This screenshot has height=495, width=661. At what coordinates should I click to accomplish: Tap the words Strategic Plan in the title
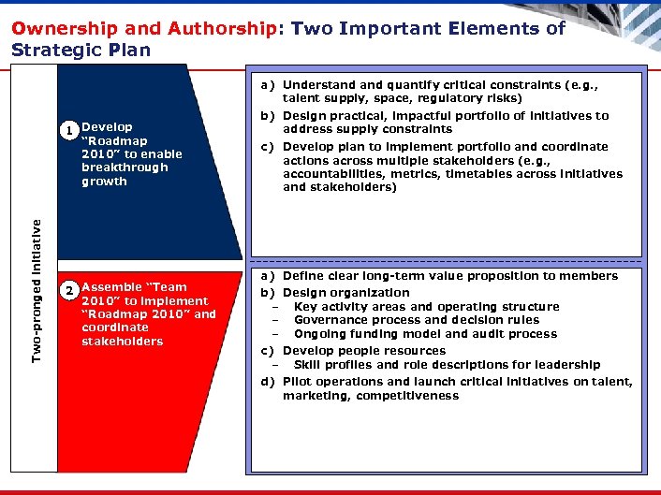[81, 50]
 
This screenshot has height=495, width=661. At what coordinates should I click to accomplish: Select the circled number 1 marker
[69, 130]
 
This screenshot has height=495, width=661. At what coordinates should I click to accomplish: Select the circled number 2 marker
[69, 290]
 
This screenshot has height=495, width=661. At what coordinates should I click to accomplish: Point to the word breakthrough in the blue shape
[125, 167]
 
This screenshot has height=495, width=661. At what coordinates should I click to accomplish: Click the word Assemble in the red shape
[109, 287]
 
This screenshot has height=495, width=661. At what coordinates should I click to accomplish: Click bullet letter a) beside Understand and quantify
[268, 85]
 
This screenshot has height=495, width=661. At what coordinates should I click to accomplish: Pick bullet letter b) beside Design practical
[268, 116]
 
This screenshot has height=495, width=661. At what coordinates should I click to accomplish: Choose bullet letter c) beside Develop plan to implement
[268, 147]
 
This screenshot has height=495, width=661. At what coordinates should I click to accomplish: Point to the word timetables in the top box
[475, 173]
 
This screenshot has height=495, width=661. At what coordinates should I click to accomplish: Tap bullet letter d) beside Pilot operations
[268, 382]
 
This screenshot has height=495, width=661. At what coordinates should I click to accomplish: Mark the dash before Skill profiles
[276, 365]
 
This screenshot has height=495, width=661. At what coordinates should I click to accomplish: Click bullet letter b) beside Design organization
[268, 293]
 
